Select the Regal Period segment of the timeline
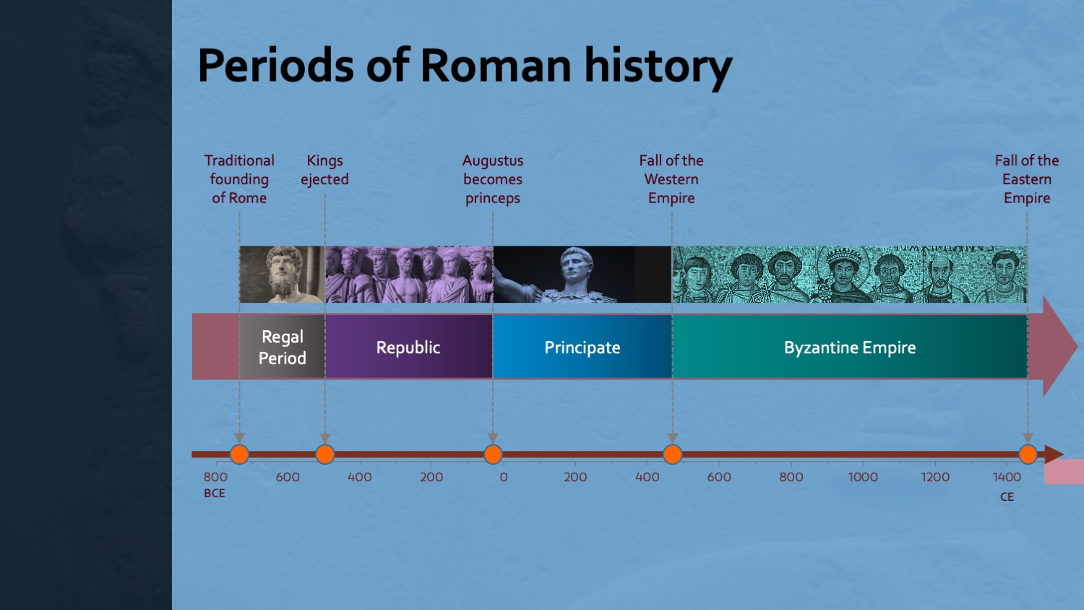click(x=282, y=347)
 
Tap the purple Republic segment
click(x=409, y=347)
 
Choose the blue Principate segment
click(x=582, y=347)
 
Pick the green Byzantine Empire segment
click(x=850, y=347)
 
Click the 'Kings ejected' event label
click(x=324, y=170)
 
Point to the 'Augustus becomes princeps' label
click(x=493, y=179)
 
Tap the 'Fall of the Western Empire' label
click(x=671, y=179)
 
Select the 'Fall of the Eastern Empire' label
click(x=1027, y=179)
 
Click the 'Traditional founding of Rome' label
click(x=239, y=179)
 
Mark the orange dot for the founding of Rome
click(x=239, y=454)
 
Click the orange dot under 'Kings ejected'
click(x=324, y=454)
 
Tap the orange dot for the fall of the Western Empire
click(x=672, y=454)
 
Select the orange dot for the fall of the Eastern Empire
click(x=1028, y=454)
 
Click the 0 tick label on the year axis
click(x=503, y=477)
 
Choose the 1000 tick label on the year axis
click(x=863, y=477)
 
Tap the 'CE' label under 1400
click(x=1007, y=497)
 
